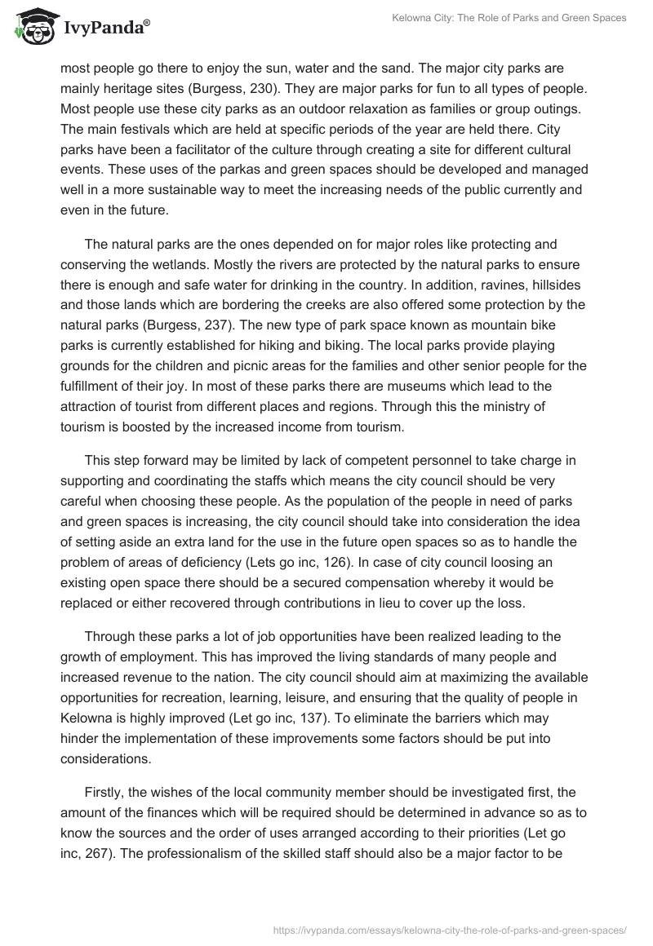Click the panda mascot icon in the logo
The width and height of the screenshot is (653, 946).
point(33,28)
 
